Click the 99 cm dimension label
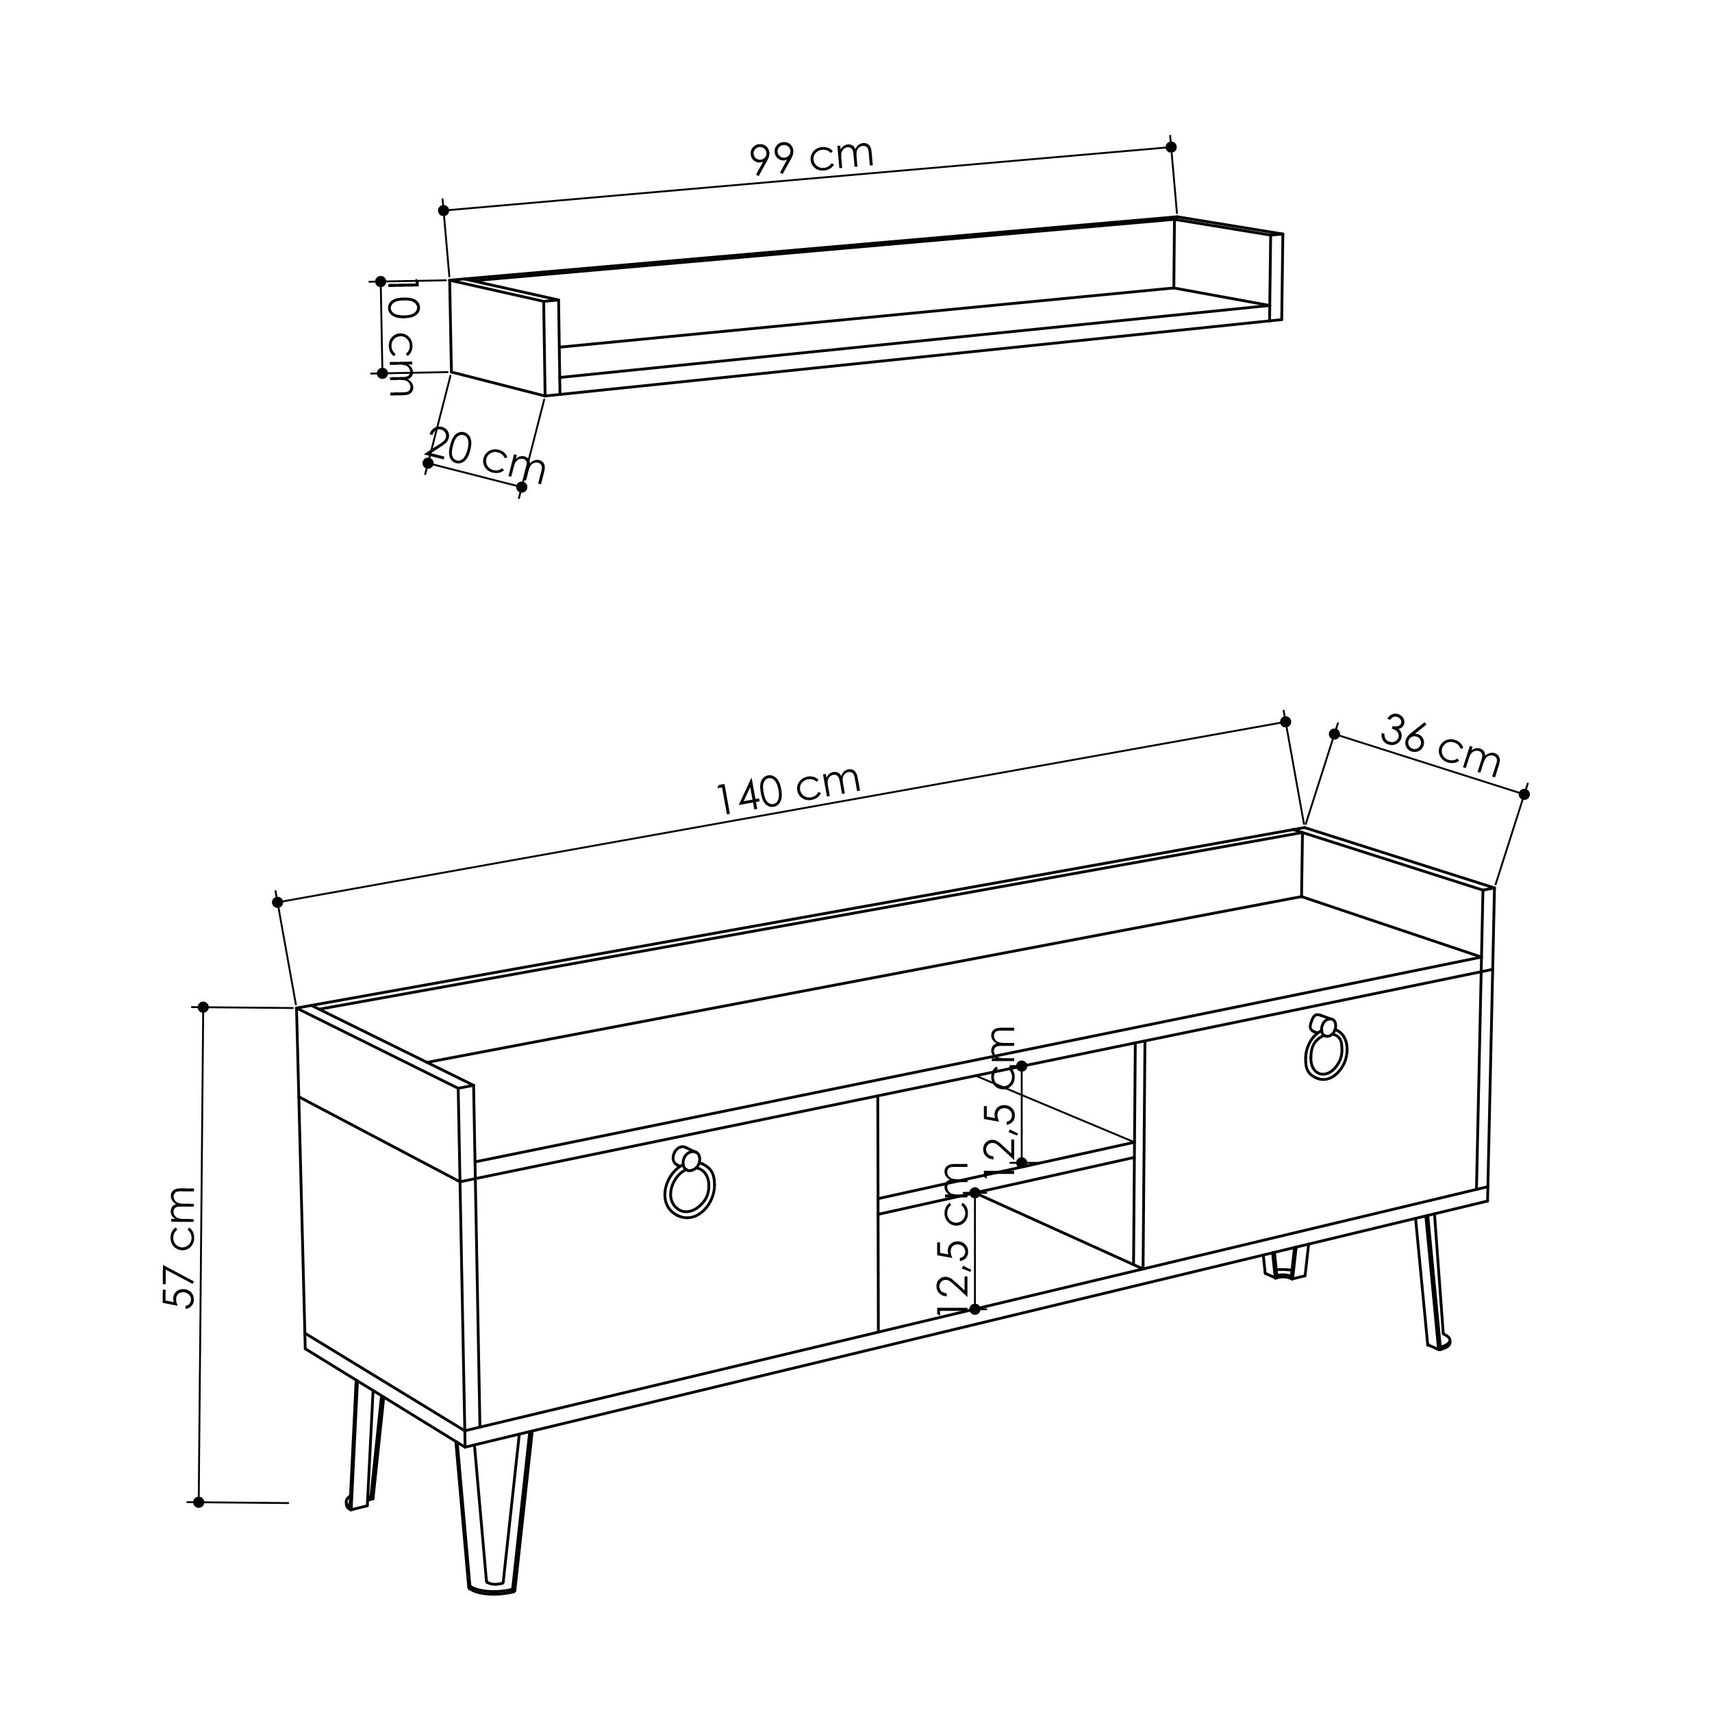pyautogui.click(x=811, y=158)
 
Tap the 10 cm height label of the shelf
pyautogui.click(x=401, y=337)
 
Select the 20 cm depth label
pyautogui.click(x=486, y=455)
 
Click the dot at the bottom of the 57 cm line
pyautogui.click(x=199, y=1502)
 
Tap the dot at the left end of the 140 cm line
pyautogui.click(x=277, y=902)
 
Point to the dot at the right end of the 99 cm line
pyautogui.click(x=1170, y=147)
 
